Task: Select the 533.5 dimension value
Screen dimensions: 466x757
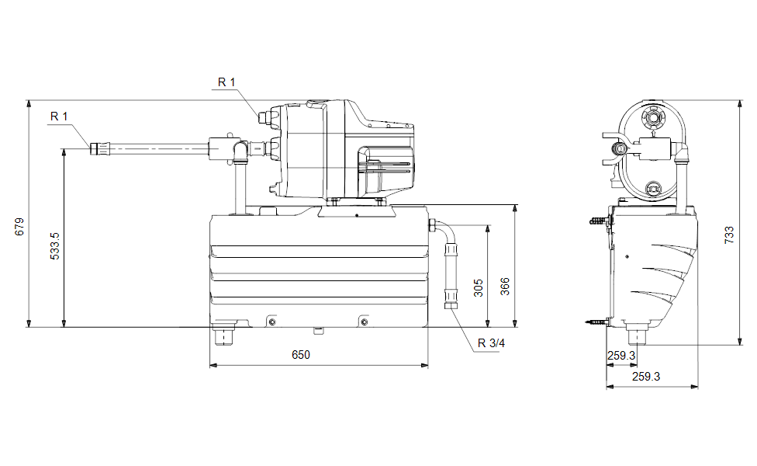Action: point(55,245)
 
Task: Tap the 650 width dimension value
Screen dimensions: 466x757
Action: point(301,355)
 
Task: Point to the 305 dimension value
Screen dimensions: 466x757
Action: point(479,288)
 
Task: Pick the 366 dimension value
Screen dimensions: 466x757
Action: point(504,288)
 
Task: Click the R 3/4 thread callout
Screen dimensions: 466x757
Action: point(492,343)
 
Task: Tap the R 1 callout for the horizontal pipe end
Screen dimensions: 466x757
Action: point(59,116)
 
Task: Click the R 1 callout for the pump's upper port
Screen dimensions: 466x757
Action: point(226,82)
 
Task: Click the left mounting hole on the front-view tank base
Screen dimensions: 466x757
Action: point(271,322)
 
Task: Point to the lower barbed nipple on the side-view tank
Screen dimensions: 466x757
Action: point(596,321)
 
